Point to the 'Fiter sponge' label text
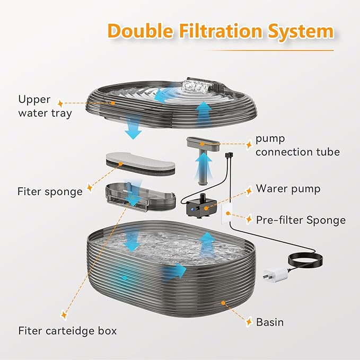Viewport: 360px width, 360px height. point(50,191)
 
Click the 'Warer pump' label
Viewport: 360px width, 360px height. point(287,188)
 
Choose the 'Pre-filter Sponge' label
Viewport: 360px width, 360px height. point(301,219)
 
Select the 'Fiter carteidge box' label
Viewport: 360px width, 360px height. point(67,331)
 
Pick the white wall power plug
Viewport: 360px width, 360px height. point(271,276)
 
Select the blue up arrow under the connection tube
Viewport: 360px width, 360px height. point(203,169)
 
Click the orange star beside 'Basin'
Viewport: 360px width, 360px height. point(247,322)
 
